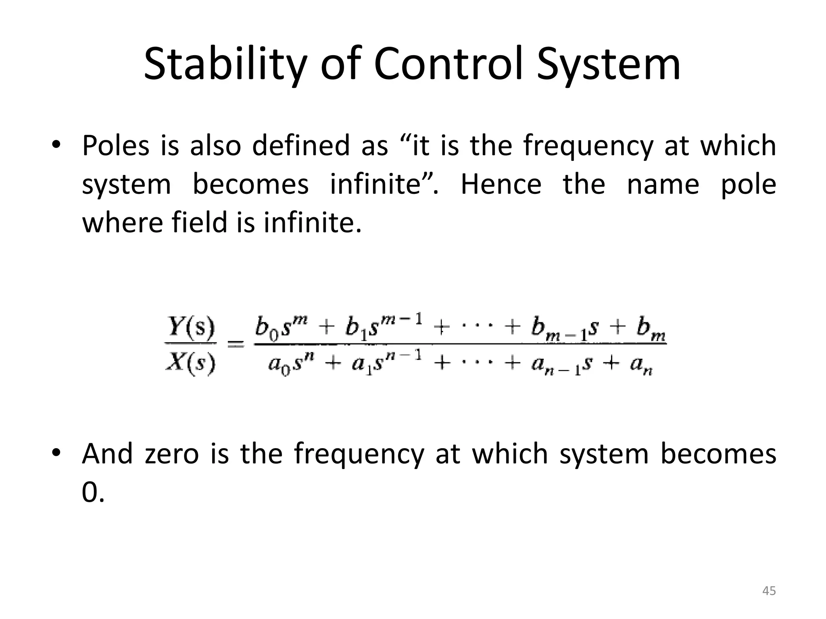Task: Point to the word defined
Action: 301,145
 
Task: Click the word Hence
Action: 501,184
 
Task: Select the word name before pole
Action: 663,184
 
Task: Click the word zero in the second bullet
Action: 172,453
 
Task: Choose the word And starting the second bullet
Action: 107,453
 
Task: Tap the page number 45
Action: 769,591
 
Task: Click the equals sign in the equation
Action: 236,345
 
